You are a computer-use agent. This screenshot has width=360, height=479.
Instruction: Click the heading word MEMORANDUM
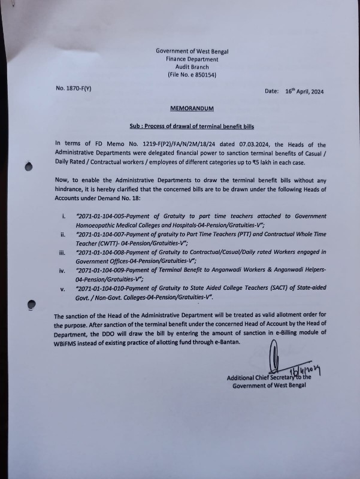pyautogui.click(x=192, y=108)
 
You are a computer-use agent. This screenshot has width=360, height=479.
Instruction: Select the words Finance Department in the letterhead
pyautogui.click(x=192, y=59)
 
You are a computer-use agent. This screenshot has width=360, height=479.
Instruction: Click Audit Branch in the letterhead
pyautogui.click(x=192, y=67)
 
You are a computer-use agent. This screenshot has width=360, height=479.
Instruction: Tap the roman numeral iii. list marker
pyautogui.click(x=63, y=253)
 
